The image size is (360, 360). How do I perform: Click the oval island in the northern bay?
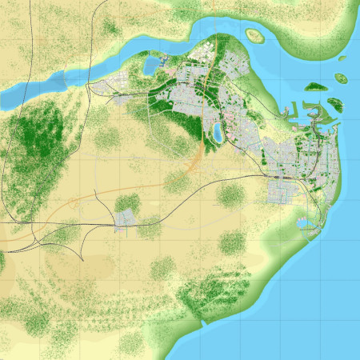[255, 35]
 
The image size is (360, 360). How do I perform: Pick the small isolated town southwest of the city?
[126, 219]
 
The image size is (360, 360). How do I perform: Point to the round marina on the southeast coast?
[306, 225]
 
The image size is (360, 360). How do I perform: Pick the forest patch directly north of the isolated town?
[126, 201]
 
